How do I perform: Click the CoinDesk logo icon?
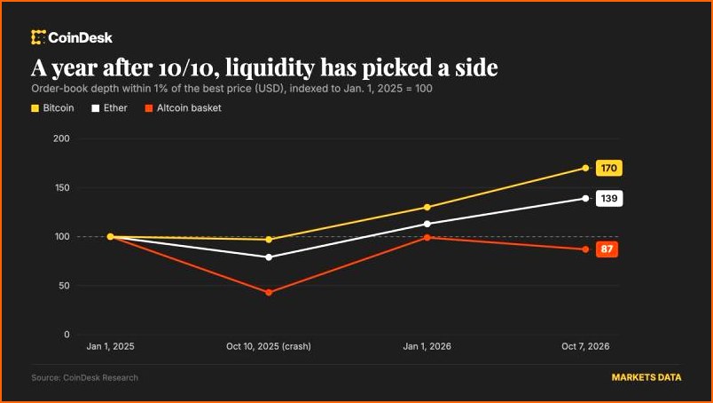point(38,37)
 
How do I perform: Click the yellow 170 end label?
point(609,169)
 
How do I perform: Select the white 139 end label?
point(609,199)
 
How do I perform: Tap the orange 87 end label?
point(607,249)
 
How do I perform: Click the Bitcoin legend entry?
point(52,108)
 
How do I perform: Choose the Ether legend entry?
point(109,108)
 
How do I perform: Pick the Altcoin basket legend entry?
point(183,108)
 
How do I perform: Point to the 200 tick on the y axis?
point(61,138)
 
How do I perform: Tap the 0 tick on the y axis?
point(67,335)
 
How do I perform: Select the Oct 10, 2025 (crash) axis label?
point(269,346)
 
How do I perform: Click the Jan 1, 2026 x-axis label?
point(427,346)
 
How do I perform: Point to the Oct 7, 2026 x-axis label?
point(585,346)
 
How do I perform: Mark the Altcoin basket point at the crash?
point(269,292)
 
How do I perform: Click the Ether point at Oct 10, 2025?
point(269,257)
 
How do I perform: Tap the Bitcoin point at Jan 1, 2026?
point(427,207)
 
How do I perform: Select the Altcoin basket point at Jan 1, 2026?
point(427,238)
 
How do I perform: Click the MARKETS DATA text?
point(646,377)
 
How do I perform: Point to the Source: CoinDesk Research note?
point(84,377)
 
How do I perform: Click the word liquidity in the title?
point(270,68)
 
